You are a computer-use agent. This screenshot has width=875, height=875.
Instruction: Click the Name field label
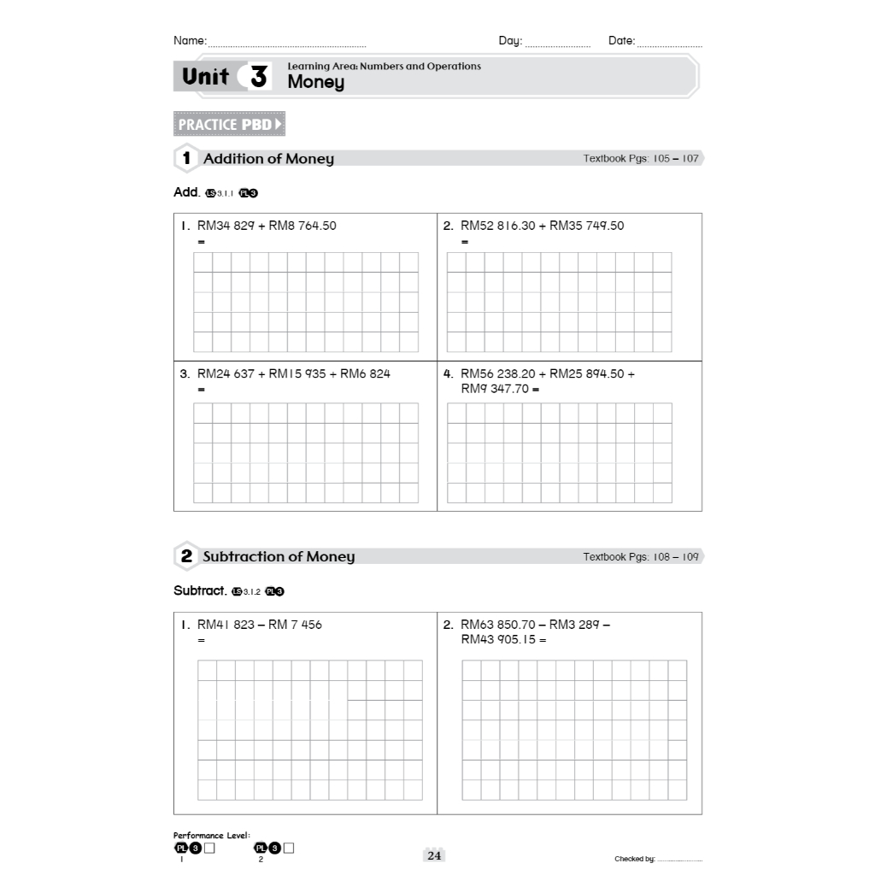pyautogui.click(x=190, y=41)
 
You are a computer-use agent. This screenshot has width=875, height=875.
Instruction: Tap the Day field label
pyautogui.click(x=510, y=41)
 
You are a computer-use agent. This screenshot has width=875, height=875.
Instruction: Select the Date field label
pyautogui.click(x=621, y=41)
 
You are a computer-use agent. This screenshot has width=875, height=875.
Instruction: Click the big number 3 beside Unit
pyautogui.click(x=258, y=77)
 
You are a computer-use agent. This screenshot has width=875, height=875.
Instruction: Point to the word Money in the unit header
pyautogui.click(x=315, y=82)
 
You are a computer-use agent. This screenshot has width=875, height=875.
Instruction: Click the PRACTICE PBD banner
pyautogui.click(x=228, y=125)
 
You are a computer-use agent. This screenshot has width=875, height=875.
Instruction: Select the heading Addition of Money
pyautogui.click(x=268, y=159)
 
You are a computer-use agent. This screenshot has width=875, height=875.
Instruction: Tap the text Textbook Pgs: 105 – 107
pyautogui.click(x=641, y=159)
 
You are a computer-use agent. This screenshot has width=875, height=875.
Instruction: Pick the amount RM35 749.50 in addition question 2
pyautogui.click(x=586, y=226)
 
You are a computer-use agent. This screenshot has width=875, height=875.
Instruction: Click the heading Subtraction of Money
pyautogui.click(x=279, y=557)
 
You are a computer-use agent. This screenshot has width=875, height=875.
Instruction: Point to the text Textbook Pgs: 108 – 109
pyautogui.click(x=641, y=557)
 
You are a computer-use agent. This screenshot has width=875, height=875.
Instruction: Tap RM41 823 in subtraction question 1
pyautogui.click(x=226, y=625)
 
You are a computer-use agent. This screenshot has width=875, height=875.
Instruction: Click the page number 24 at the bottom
pyautogui.click(x=434, y=856)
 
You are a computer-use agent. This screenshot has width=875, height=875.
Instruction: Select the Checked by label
pyautogui.click(x=634, y=860)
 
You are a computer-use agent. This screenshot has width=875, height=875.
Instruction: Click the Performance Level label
pyautogui.click(x=211, y=836)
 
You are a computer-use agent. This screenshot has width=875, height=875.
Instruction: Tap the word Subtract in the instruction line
pyautogui.click(x=199, y=590)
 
